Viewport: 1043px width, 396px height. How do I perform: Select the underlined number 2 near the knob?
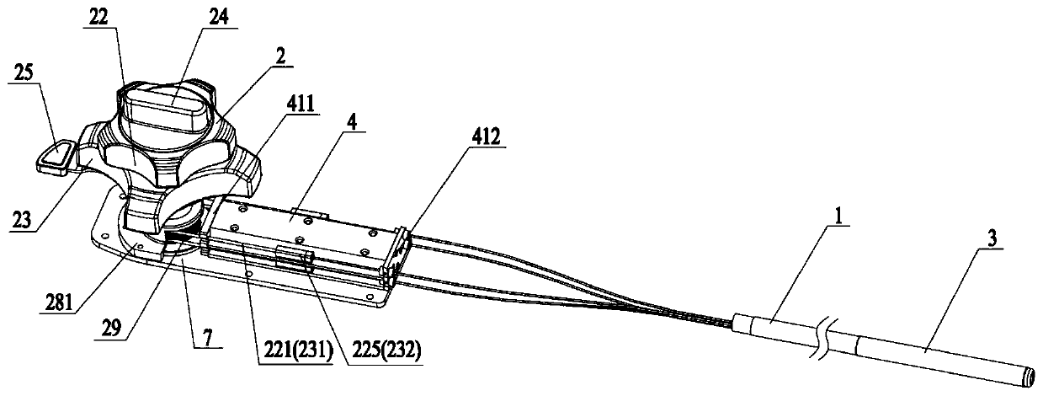[279, 54]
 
